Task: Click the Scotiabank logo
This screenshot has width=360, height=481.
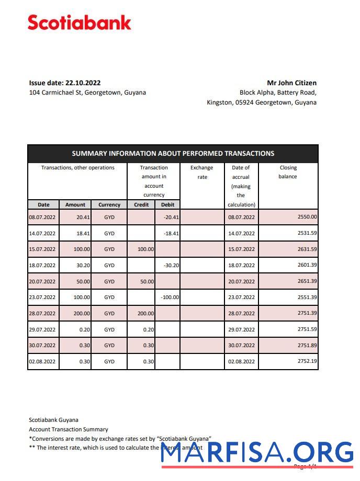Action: [80, 23]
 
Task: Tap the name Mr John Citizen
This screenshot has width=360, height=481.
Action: [291, 83]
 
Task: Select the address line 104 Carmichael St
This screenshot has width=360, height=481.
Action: [87, 93]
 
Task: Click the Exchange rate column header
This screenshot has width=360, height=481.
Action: [202, 172]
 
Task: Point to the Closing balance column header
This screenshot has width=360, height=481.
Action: [288, 172]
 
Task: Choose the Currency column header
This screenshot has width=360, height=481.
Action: [109, 204]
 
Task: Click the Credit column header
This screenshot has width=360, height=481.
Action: [141, 204]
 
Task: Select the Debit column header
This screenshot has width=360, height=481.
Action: [167, 204]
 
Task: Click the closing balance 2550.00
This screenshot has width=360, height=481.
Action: [307, 217]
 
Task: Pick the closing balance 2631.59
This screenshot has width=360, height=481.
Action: [307, 249]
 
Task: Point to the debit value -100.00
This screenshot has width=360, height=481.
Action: [170, 297]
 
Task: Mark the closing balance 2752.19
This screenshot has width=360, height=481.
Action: [307, 361]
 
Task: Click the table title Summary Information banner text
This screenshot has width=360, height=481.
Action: [173, 154]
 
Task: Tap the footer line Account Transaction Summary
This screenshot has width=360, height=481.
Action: [69, 429]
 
